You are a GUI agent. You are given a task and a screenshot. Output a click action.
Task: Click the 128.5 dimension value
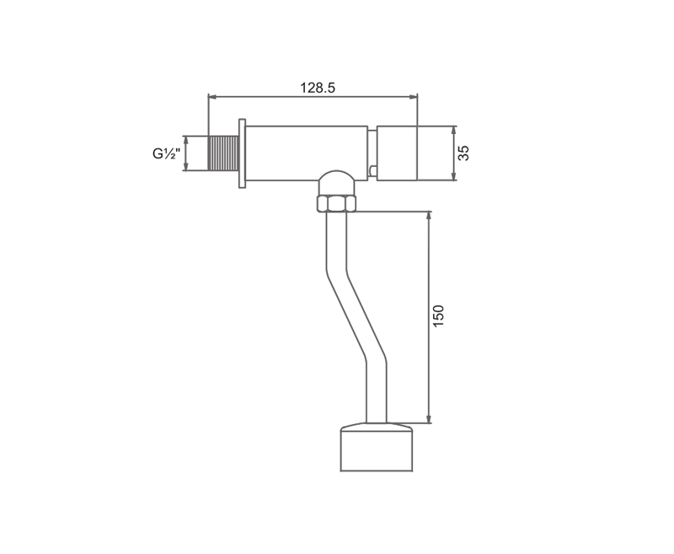[x=318, y=88]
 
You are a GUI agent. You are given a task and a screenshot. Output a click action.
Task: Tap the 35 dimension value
[x=463, y=153]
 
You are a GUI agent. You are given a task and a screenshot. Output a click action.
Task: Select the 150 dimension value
[x=438, y=315]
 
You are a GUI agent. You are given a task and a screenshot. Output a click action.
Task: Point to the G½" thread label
[x=164, y=153]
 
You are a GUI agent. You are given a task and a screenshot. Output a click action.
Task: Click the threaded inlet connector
[x=222, y=153]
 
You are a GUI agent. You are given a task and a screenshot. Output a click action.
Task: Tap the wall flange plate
[x=242, y=153]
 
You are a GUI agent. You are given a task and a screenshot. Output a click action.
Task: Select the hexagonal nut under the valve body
[x=336, y=203]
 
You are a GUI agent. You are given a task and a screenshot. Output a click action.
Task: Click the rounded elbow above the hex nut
[x=336, y=183]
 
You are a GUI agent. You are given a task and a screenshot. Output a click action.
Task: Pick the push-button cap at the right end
[x=397, y=153]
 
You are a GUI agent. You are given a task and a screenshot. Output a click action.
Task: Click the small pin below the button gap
[x=373, y=172]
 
